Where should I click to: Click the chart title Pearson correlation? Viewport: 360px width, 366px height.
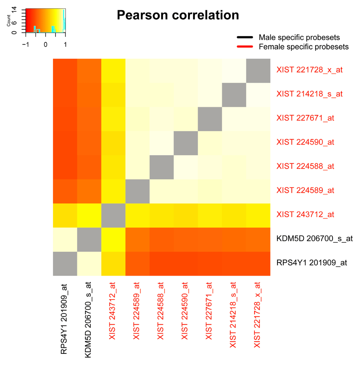178,15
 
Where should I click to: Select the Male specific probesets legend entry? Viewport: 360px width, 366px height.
299,37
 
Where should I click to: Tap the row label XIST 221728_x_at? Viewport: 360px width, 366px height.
309,70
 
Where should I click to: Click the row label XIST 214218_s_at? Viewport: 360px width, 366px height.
309,94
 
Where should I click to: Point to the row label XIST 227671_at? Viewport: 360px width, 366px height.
305,118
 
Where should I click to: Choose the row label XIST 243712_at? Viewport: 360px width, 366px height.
305,215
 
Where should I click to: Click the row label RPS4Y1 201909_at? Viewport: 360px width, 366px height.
312,263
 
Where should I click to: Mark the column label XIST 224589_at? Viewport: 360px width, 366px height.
137,314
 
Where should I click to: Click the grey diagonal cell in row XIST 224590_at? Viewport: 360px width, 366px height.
185,143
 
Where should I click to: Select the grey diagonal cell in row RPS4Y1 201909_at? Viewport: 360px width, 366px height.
65,264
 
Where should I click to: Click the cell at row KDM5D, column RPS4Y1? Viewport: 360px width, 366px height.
65,239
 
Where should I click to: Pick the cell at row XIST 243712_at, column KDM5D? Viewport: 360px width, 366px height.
89,215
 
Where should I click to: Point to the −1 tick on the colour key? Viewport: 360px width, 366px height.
26,44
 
